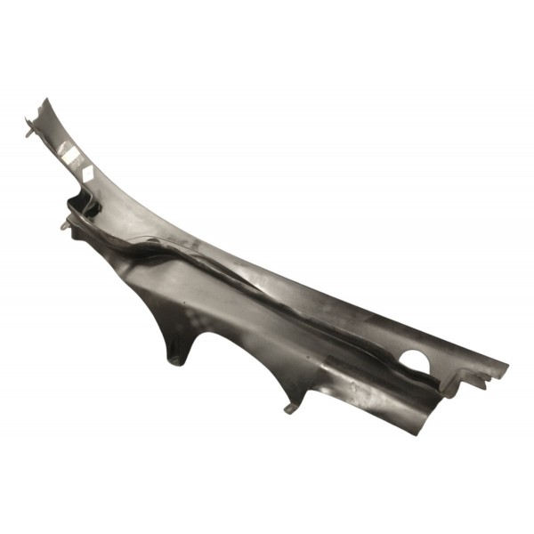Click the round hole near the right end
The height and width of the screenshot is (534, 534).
[x=413, y=360]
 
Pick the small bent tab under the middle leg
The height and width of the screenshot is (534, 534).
[x=290, y=408]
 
